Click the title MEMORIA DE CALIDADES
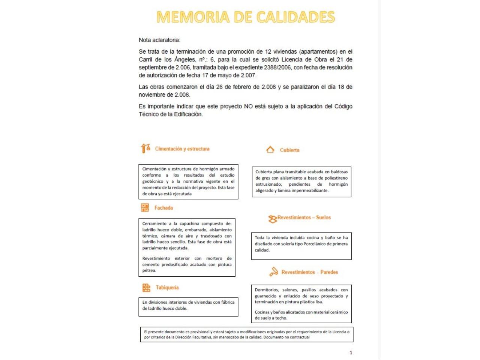[246, 17]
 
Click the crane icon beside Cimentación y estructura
[145, 148]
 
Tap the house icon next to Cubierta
[270, 150]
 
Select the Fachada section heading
[163, 208]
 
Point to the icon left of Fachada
[145, 207]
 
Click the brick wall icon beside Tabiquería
[146, 288]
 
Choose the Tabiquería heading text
[167, 288]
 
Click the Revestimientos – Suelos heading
[304, 217]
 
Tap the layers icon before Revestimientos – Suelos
[272, 219]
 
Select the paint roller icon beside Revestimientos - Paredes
[274, 272]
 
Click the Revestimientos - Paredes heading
[310, 272]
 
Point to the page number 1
[351, 352]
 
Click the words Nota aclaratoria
[159, 40]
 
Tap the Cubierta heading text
[289, 150]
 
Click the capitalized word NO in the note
[248, 106]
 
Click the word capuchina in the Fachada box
[189, 223]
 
